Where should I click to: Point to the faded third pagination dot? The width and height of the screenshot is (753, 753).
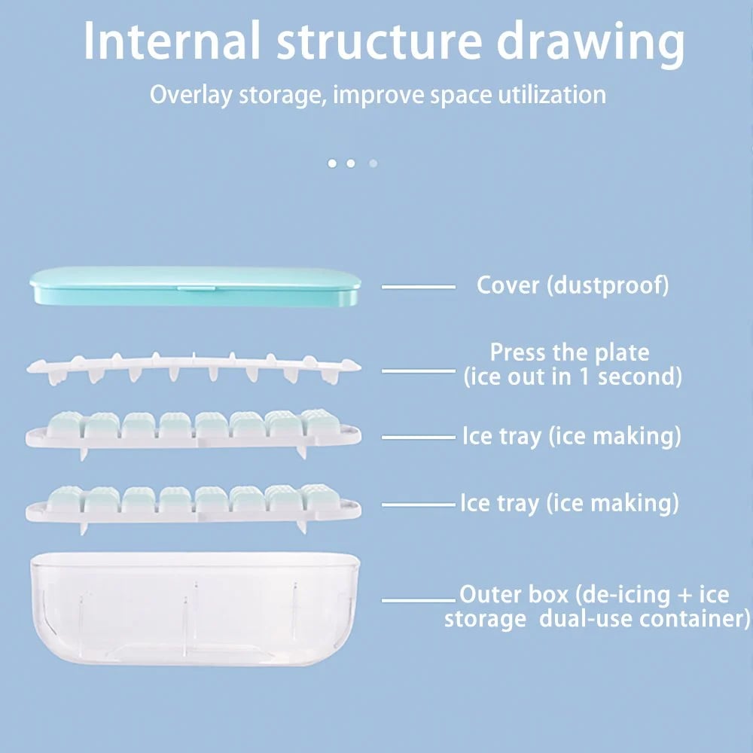(x=373, y=163)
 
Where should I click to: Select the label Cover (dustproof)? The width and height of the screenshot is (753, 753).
(x=572, y=285)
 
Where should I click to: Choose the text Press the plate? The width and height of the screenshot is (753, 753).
(x=569, y=352)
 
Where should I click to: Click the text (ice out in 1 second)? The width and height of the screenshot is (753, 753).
(x=572, y=376)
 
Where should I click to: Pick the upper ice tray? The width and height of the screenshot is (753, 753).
(x=194, y=431)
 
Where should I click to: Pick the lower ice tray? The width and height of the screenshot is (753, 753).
(x=194, y=504)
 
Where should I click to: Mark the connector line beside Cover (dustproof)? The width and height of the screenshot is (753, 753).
(x=419, y=287)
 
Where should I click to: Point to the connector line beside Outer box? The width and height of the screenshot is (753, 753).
(x=419, y=600)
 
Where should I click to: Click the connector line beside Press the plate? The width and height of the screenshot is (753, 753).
(x=419, y=370)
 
